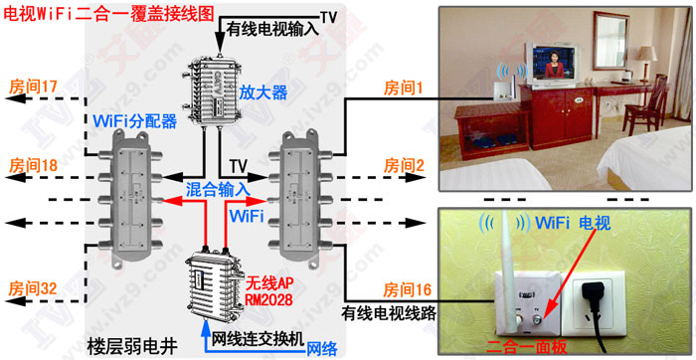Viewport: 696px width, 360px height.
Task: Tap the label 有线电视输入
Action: [x=267, y=31]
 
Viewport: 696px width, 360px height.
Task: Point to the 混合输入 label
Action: [x=218, y=189]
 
